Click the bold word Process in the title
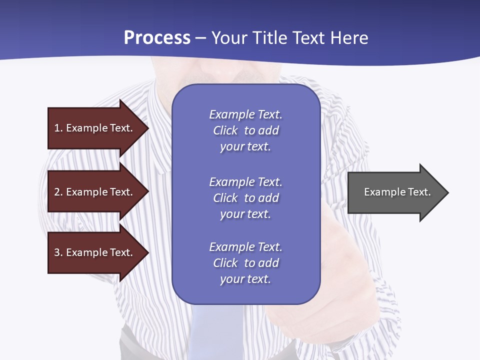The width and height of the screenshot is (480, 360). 157,38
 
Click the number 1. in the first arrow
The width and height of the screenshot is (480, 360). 58,128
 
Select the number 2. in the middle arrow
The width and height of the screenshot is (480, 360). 58,192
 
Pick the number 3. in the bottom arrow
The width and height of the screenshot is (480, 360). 58,252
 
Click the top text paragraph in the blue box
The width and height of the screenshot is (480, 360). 245,130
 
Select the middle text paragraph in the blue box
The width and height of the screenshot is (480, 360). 245,198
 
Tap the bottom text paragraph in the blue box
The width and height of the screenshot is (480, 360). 245,263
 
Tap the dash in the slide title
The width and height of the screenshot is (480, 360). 200,38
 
